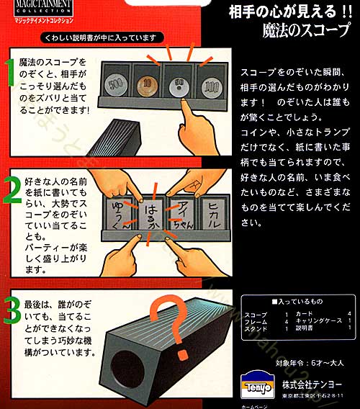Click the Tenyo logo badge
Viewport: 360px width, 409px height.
pos(258,377)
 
